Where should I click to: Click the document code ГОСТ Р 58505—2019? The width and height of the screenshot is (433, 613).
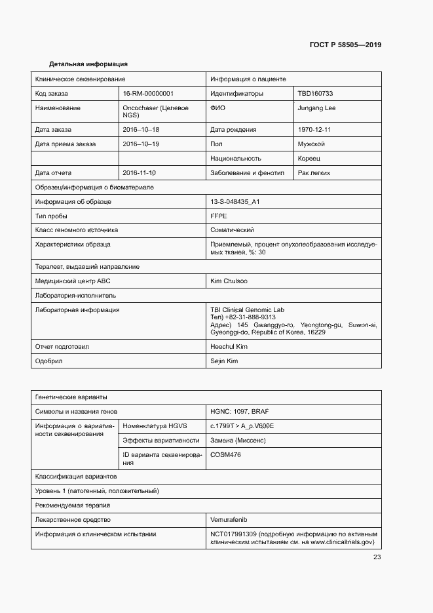(x=345, y=45)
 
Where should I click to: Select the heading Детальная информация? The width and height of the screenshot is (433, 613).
(x=88, y=64)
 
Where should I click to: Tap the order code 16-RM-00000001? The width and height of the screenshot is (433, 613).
(x=148, y=94)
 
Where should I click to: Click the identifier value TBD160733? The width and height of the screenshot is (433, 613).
(x=315, y=94)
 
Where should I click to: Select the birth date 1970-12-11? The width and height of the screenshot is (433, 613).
(x=314, y=130)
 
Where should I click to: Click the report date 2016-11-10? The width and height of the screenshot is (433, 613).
(x=140, y=173)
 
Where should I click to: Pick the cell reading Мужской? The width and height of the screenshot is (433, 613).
(x=311, y=144)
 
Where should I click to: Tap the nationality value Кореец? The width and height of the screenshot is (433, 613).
(x=309, y=159)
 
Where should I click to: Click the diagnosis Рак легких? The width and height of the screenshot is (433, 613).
(x=314, y=173)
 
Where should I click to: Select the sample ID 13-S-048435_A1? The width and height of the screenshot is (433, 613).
(x=235, y=202)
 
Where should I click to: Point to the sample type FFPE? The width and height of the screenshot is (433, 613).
(x=218, y=216)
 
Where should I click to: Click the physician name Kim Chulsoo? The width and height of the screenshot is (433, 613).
(x=229, y=281)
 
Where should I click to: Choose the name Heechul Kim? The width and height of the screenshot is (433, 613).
(x=229, y=346)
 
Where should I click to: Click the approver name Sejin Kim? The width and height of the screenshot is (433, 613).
(x=224, y=361)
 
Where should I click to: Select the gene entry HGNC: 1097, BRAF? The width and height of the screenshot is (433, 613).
(x=239, y=412)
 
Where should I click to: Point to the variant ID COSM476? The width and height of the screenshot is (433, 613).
(x=225, y=454)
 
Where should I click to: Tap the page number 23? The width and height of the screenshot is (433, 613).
(x=377, y=557)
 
